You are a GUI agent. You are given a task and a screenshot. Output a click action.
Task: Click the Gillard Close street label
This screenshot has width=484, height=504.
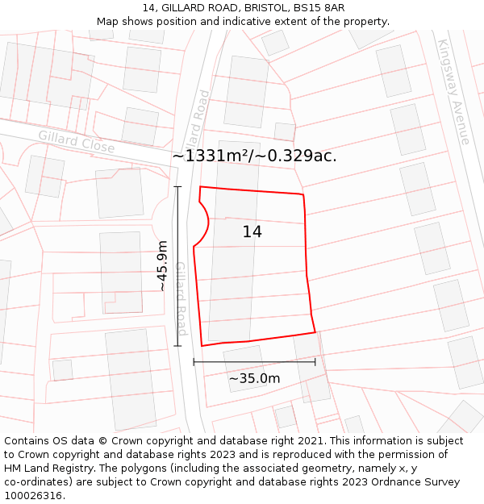tap(76, 142)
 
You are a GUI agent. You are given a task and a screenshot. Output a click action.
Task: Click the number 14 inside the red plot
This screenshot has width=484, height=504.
tap(252, 232)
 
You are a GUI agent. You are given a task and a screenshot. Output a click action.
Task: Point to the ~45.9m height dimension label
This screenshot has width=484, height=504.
tap(162, 265)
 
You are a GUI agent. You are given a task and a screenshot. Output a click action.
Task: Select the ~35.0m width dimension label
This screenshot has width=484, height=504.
tap(254, 378)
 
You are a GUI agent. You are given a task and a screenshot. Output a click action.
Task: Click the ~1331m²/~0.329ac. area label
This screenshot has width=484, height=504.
tap(254, 156)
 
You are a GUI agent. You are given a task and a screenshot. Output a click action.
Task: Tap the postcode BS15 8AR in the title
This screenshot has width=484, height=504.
tap(318, 8)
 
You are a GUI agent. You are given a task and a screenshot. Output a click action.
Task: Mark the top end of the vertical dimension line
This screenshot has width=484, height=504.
tap(177, 187)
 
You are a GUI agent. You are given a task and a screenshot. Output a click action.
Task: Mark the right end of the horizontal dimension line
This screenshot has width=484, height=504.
tap(315, 363)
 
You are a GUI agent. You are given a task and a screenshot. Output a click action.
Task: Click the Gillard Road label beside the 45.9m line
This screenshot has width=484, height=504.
tap(181, 298)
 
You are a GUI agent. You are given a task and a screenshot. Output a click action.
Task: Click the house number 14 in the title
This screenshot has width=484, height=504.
tap(148, 8)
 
